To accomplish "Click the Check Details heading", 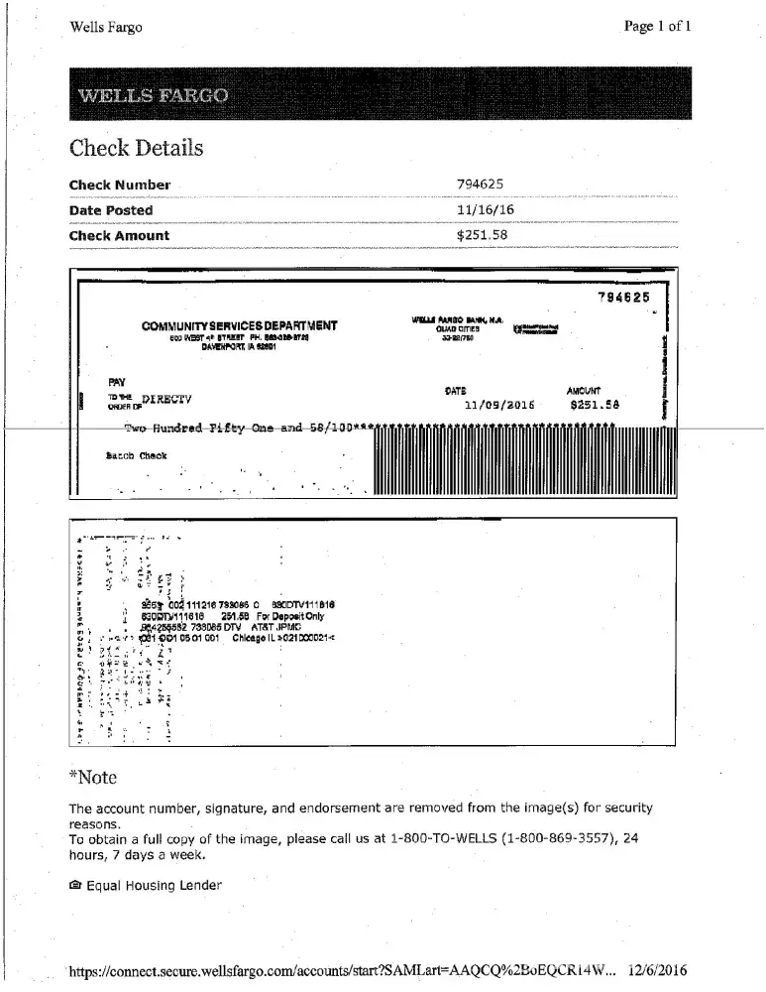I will (x=136, y=149).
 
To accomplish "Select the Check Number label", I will (x=119, y=185).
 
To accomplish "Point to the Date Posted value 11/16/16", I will (x=485, y=210).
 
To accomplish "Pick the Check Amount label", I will (x=119, y=236).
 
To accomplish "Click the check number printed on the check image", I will (x=623, y=297).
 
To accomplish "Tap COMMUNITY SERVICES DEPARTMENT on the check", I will (x=240, y=325).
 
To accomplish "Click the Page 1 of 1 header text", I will (x=658, y=27).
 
